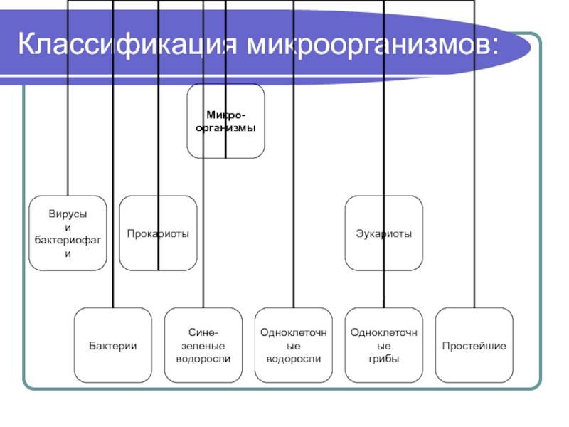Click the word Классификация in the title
127,44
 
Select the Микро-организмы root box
225,121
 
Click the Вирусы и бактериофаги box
68,233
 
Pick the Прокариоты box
158,233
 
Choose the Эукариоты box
384,233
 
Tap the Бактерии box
113,345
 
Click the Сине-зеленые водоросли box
203,345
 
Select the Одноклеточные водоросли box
294,345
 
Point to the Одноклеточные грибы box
384,345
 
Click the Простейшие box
474,345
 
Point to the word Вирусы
68,214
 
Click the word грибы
384,359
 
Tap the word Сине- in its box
203,332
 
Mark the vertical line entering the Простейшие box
474,154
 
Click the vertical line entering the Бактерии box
113,154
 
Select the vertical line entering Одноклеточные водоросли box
294,154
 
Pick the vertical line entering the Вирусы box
68,97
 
